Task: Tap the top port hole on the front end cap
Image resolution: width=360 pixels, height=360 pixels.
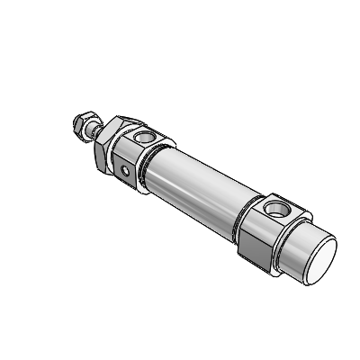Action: pyautogui.click(x=143, y=139)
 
